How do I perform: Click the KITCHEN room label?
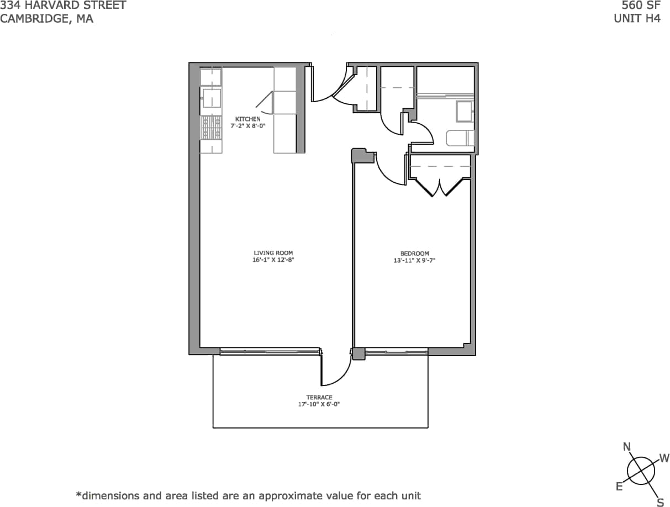point(247,119)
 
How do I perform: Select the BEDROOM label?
point(414,254)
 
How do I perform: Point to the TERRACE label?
point(319,398)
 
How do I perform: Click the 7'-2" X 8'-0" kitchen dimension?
point(247,126)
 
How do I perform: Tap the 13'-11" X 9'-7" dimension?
point(414,260)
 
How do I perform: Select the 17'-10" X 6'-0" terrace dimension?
point(319,404)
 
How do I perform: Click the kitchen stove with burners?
point(211,128)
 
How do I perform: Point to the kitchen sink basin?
point(210,98)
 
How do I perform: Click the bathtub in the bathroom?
point(460,138)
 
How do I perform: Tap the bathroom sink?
point(464,111)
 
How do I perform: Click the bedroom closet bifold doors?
point(440,188)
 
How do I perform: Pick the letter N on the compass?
point(627,447)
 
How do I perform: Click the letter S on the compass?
point(660,502)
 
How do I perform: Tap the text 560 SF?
point(641,6)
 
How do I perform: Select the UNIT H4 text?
point(637,18)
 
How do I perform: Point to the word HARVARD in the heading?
point(50,6)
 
